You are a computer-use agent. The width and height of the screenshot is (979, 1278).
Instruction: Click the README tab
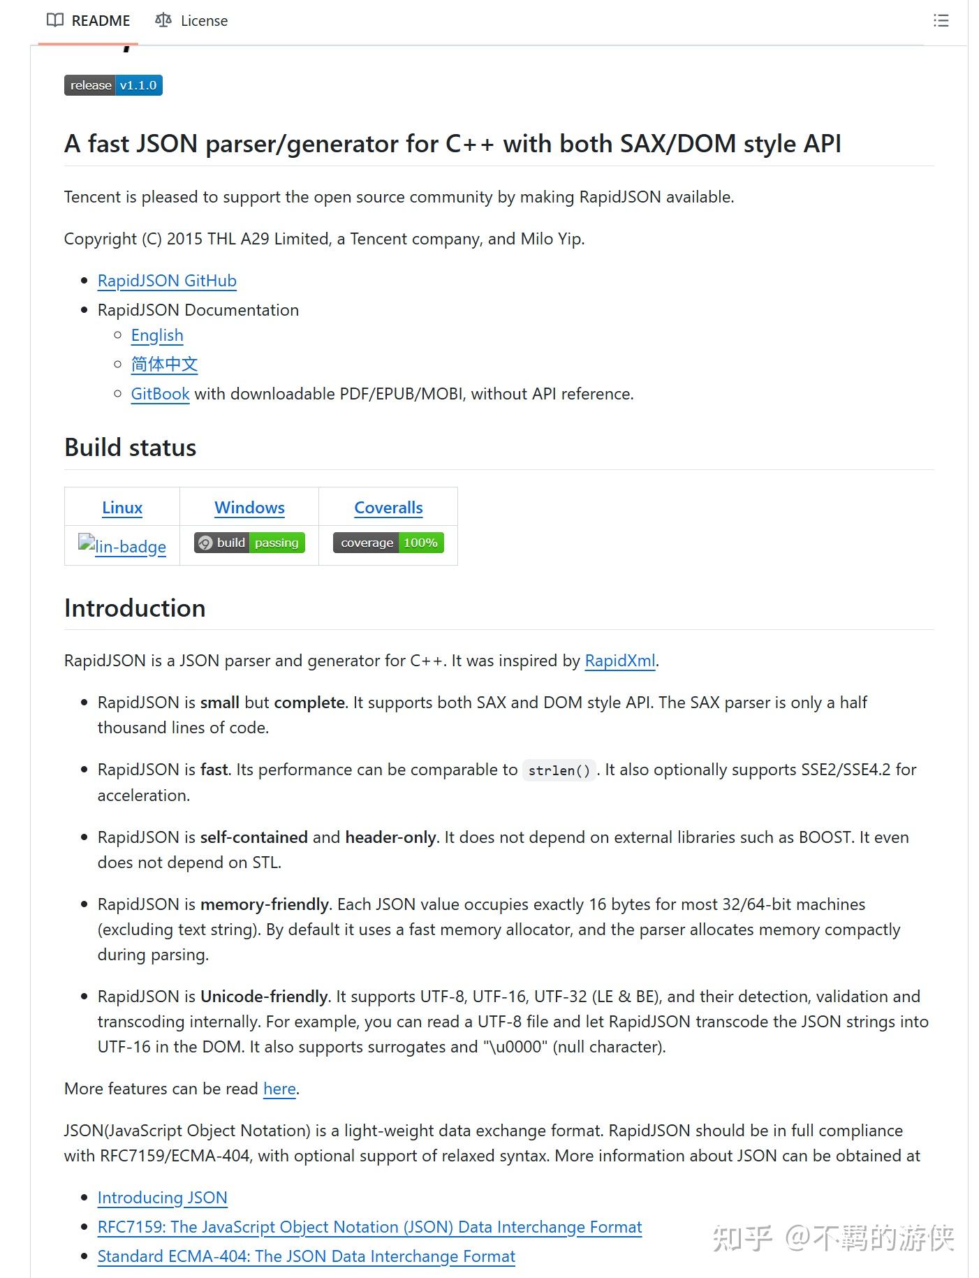pyautogui.click(x=89, y=21)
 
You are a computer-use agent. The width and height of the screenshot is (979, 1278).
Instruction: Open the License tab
pyautogui.click(x=191, y=21)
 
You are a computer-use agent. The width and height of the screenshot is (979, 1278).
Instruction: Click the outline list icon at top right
pyautogui.click(x=941, y=21)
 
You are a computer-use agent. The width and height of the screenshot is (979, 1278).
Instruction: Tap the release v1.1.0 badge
pyautogui.click(x=113, y=85)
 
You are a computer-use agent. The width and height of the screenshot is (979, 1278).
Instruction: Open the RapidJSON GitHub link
pyautogui.click(x=167, y=281)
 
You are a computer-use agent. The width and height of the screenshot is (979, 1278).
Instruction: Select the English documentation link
pyautogui.click(x=157, y=335)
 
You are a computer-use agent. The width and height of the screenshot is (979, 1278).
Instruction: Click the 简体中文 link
pyautogui.click(x=164, y=365)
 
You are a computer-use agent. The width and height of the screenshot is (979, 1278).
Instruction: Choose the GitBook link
pyautogui.click(x=160, y=394)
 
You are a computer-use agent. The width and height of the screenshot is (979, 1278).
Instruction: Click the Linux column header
pyautogui.click(x=122, y=508)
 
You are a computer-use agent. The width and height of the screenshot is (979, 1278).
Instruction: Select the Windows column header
pyautogui.click(x=249, y=508)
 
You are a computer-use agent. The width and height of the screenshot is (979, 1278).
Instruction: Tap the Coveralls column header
pyautogui.click(x=388, y=508)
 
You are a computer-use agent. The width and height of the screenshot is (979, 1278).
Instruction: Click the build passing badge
pyautogui.click(x=249, y=543)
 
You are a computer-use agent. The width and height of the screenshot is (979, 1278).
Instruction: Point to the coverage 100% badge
pyautogui.click(x=388, y=543)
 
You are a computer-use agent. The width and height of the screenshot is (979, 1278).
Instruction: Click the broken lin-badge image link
pyautogui.click(x=122, y=546)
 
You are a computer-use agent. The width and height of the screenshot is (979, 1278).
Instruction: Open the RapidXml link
pyautogui.click(x=619, y=661)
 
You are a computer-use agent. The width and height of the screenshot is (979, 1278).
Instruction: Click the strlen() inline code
pyautogui.click(x=559, y=770)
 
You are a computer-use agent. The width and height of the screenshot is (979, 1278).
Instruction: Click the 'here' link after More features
pyautogui.click(x=279, y=1089)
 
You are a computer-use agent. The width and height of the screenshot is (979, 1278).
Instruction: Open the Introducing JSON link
pyautogui.click(x=162, y=1198)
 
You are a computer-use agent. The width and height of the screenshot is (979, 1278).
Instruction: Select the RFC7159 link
pyautogui.click(x=369, y=1227)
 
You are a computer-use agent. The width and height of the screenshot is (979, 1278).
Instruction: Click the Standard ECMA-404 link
pyautogui.click(x=306, y=1256)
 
